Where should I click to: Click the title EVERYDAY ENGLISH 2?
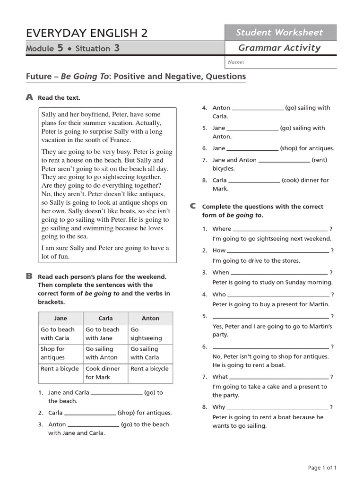(87, 33)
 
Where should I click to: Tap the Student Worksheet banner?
(279, 32)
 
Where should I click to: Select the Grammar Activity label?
(279, 48)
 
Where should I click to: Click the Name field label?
(236, 62)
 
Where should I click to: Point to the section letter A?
(29, 97)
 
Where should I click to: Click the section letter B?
(29, 276)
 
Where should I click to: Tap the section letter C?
(192, 206)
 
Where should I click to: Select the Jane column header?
(60, 318)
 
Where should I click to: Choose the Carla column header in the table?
(105, 318)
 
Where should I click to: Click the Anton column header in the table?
(150, 318)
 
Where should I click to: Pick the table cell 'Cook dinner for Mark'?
(103, 373)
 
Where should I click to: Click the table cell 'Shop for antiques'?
(53, 353)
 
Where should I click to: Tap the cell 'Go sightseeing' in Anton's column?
(146, 334)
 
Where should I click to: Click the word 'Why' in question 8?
(219, 407)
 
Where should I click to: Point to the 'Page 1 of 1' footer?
(322, 468)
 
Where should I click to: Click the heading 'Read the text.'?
(59, 98)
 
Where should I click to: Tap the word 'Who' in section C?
(219, 294)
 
